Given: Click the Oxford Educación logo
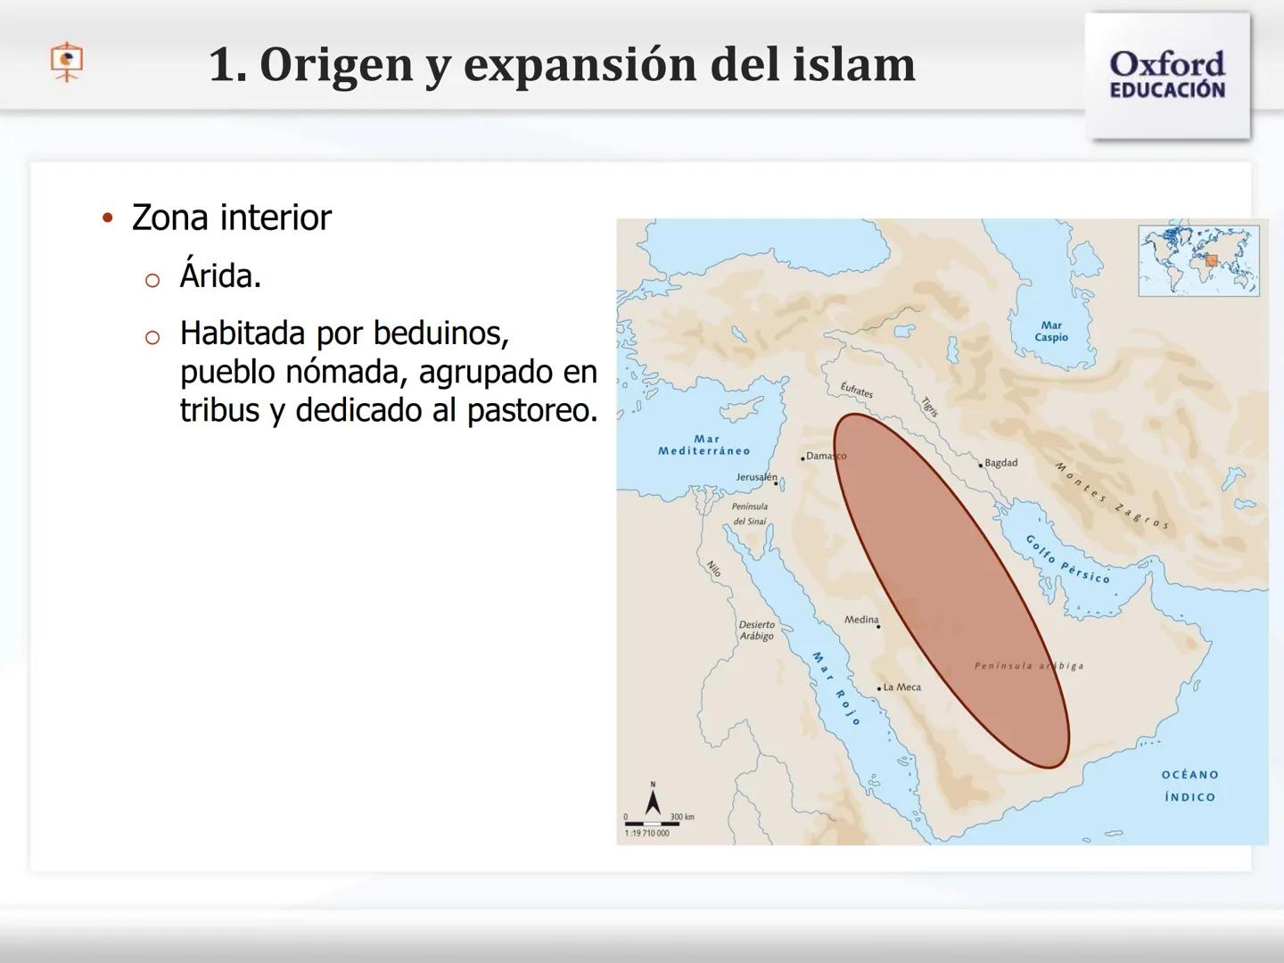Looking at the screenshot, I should click(x=1167, y=75).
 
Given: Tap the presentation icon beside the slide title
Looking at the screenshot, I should click(x=67, y=62).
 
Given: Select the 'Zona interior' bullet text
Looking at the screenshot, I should click(x=231, y=218).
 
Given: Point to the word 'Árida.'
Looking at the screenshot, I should click(x=220, y=276).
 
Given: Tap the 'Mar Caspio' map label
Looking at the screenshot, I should click(x=1051, y=332).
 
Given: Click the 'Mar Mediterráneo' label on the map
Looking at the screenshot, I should click(x=704, y=445).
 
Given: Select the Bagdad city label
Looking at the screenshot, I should click(x=1000, y=463).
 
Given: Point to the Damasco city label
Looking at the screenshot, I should click(x=825, y=457).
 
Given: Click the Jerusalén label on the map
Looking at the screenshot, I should click(x=756, y=478).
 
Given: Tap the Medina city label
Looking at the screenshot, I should click(x=861, y=620).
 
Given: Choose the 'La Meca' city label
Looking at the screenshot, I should click(x=901, y=687).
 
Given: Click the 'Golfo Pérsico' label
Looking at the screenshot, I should click(x=1067, y=560).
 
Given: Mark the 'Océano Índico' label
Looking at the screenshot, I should click(x=1189, y=786).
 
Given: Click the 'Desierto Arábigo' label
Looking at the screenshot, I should click(x=757, y=630).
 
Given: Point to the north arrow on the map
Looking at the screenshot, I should click(x=653, y=799).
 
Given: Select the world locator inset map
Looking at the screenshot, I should click(x=1198, y=260).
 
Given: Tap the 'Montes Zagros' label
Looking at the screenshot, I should click(x=1111, y=496).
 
